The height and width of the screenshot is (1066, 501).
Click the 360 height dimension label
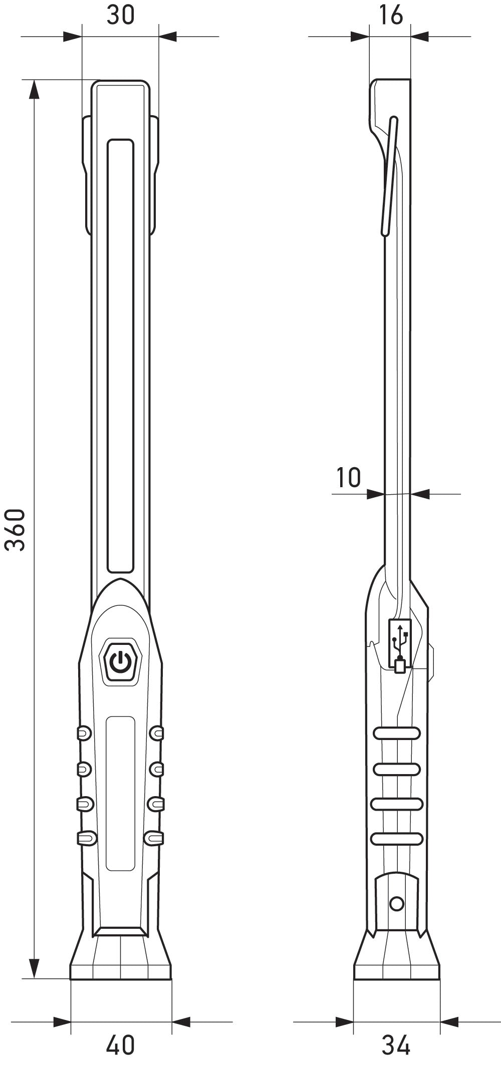tap(16, 530)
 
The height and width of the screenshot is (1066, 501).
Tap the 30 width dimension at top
tap(121, 16)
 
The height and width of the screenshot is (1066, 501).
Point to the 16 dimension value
tap(390, 16)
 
